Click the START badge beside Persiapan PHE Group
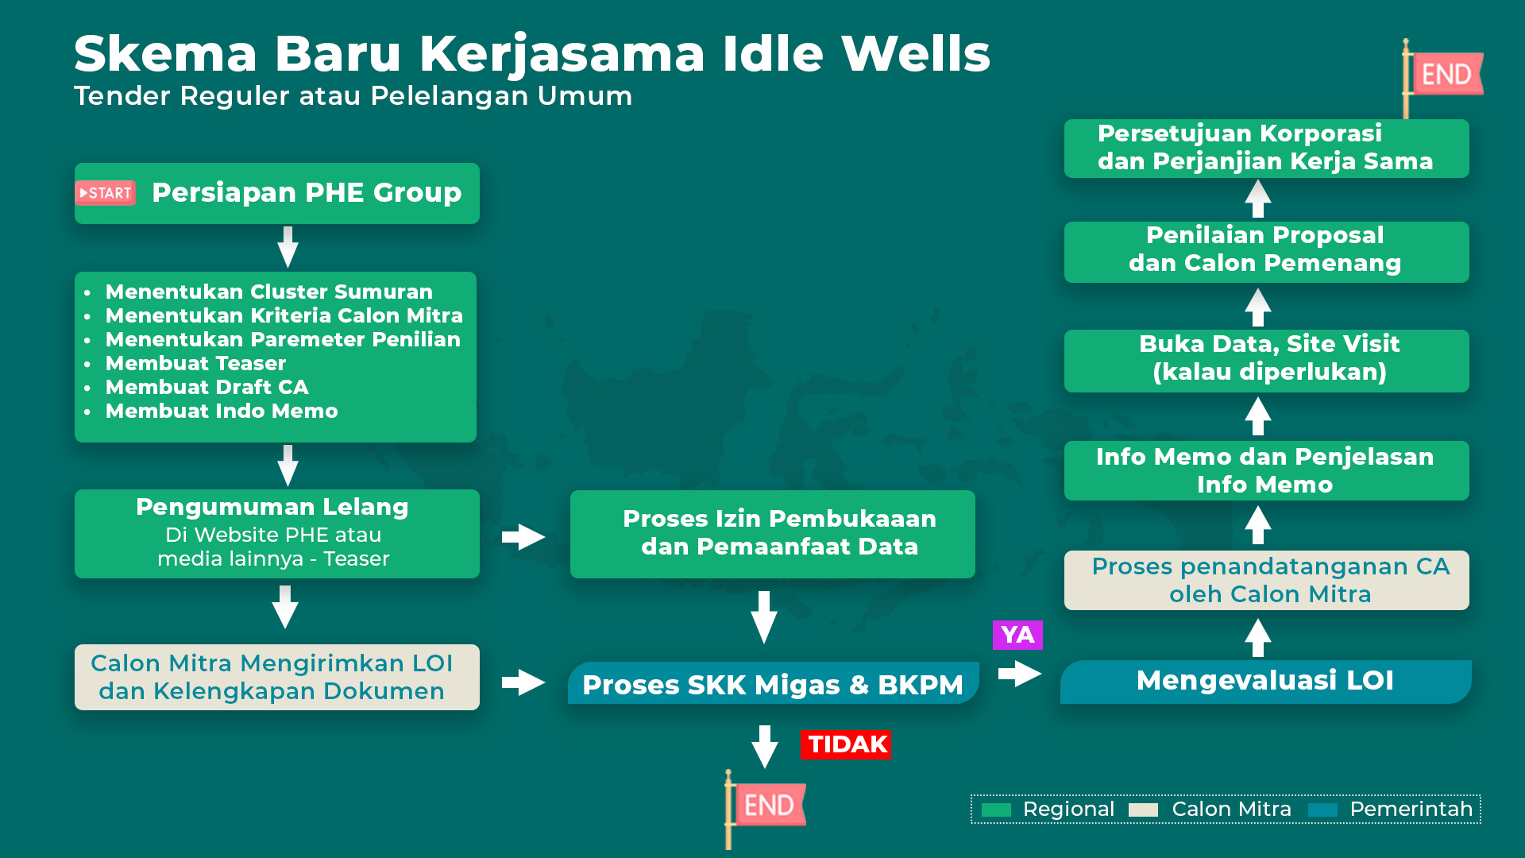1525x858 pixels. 106,193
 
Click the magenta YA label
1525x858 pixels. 1017,635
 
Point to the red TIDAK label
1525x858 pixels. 846,744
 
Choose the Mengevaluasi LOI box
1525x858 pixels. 1266,682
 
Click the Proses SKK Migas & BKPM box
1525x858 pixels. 773,683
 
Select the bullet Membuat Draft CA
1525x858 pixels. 207,387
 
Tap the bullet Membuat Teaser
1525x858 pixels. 195,363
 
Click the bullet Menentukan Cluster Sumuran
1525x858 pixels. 268,292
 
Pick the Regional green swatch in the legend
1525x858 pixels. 996,810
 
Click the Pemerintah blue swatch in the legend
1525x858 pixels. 1322,810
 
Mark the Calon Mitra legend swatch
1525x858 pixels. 1144,810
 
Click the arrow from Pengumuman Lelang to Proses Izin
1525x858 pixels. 523,537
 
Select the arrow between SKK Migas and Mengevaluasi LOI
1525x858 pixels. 1020,674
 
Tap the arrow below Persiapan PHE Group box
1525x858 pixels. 288,247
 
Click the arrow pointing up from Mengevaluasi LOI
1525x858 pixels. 1258,637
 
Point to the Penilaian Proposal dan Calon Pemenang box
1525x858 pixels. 1266,252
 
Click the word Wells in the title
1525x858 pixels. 916,54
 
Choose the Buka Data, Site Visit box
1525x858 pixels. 1266,361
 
